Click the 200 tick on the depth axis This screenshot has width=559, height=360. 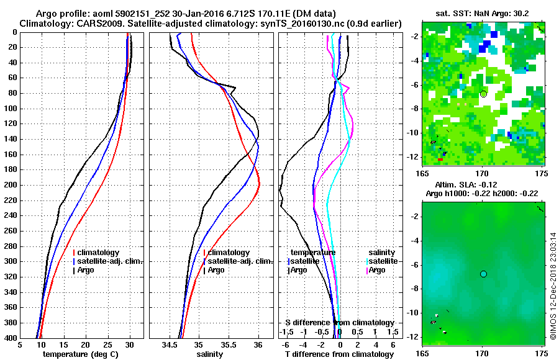coord(11,185)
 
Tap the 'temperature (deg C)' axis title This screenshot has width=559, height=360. coord(80,354)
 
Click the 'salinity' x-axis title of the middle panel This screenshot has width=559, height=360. coord(211,354)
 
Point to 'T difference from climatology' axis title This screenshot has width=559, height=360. coord(339,354)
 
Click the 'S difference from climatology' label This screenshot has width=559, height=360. coord(340,323)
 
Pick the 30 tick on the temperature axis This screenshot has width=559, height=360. coord(130,345)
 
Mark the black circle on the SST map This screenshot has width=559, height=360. coord(483,94)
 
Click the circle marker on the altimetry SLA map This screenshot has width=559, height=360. coord(483,274)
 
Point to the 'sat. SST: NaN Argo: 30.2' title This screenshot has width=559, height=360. coord(483,12)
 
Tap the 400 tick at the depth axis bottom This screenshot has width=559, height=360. coord(11,338)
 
